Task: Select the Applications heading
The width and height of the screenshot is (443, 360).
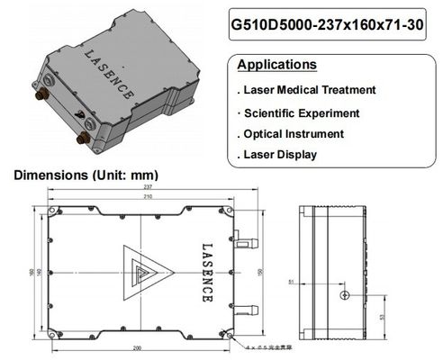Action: (276, 65)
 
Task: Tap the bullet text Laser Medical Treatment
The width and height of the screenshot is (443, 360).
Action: (305, 90)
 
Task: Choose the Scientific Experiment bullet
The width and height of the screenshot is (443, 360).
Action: (303, 112)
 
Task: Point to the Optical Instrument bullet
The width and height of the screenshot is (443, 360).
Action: (294, 133)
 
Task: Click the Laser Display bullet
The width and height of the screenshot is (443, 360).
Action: (280, 154)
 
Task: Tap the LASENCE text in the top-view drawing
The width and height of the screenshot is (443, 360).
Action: (208, 270)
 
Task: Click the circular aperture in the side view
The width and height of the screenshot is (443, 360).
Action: (344, 294)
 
